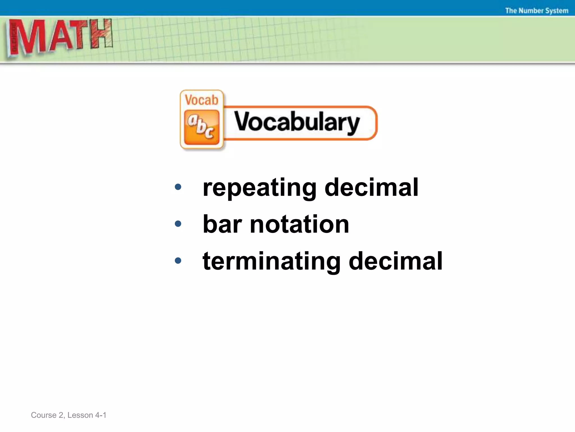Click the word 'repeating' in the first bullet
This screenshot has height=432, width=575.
coord(259,188)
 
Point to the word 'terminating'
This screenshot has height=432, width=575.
coord(271,262)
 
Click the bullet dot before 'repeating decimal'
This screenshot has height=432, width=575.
coord(178,187)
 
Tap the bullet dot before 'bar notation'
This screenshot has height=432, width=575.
coord(178,224)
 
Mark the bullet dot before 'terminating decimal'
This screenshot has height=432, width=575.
coord(178,261)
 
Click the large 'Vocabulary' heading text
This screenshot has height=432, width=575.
coord(297,122)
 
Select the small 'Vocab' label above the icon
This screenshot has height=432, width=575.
coord(201,100)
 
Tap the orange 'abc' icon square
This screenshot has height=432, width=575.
coord(201,127)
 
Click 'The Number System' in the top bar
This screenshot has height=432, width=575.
coord(537,11)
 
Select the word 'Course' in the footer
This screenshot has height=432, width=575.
coord(44,415)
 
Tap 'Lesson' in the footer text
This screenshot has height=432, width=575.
coord(80,415)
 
